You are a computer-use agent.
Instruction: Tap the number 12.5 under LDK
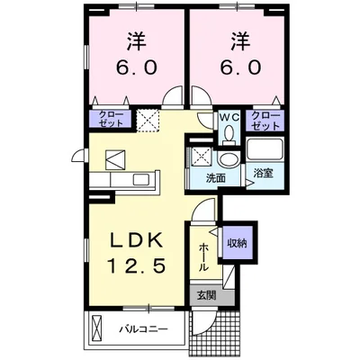tap(136, 265)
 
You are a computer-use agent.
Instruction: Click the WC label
tap(229, 116)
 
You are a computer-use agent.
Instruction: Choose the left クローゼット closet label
tap(110, 120)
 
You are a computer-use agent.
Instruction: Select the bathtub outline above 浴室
tap(264, 151)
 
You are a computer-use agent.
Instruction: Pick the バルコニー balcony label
tap(144, 329)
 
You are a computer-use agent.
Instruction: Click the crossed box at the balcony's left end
tap(95, 329)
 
